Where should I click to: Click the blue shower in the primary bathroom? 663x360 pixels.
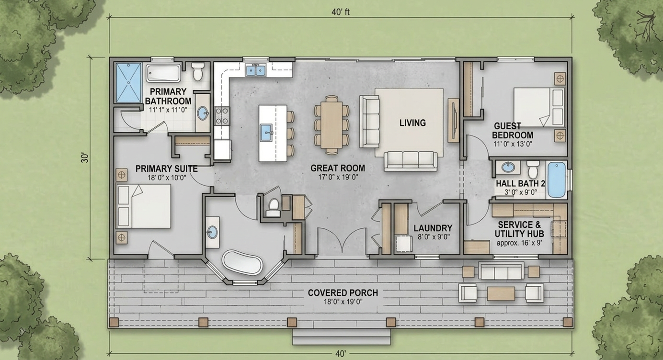(x=128, y=83)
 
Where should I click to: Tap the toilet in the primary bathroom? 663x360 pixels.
(x=198, y=72)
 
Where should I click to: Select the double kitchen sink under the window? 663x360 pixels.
(x=256, y=70)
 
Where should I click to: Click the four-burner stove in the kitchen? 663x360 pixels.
(x=222, y=116)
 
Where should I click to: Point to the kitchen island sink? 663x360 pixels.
(x=267, y=133)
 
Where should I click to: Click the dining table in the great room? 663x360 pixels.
(x=331, y=124)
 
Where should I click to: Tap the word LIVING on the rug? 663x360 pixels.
(x=412, y=123)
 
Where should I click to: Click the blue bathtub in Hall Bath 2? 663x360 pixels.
(x=557, y=180)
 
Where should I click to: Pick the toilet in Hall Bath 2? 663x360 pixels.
(x=533, y=169)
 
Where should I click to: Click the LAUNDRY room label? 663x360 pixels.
(x=433, y=228)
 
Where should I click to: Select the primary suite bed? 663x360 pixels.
(x=144, y=206)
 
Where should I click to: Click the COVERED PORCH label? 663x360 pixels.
(x=343, y=293)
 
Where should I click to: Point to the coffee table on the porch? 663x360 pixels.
(x=501, y=293)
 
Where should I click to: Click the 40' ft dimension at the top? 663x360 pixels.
(x=341, y=12)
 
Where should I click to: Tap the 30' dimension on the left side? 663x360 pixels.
(x=85, y=157)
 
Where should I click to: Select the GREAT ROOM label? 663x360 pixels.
(x=338, y=168)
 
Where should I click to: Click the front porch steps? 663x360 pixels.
(x=341, y=337)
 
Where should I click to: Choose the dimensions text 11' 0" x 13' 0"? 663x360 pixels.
(x=513, y=144)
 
